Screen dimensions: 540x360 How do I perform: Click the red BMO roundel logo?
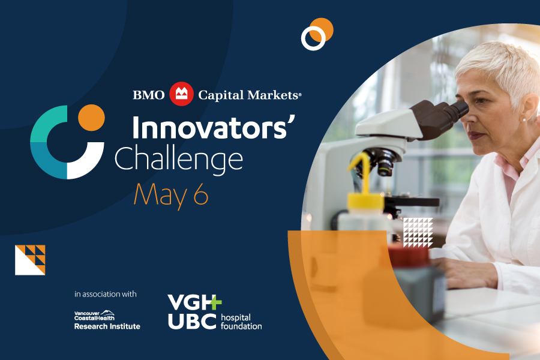click(x=181, y=94)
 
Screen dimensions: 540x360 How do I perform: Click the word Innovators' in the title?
click(x=214, y=128)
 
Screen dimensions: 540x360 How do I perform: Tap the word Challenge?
click(x=179, y=160)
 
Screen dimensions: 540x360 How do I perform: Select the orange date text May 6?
click(x=171, y=196)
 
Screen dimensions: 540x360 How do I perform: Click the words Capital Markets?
click(x=249, y=95)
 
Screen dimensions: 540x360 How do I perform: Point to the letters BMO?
click(x=149, y=95)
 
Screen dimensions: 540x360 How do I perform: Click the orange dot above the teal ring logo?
click(x=91, y=118)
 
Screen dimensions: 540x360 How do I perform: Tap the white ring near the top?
click(x=313, y=38)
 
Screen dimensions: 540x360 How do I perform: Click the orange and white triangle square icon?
click(x=30, y=260)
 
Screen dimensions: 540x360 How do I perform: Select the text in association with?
click(x=106, y=294)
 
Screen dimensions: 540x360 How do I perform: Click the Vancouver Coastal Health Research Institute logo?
click(x=107, y=320)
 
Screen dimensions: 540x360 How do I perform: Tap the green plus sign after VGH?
click(x=215, y=302)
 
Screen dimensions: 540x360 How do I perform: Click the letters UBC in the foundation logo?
click(x=192, y=321)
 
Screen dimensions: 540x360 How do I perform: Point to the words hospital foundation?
click(x=241, y=322)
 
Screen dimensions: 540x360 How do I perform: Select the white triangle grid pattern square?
click(x=418, y=233)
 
